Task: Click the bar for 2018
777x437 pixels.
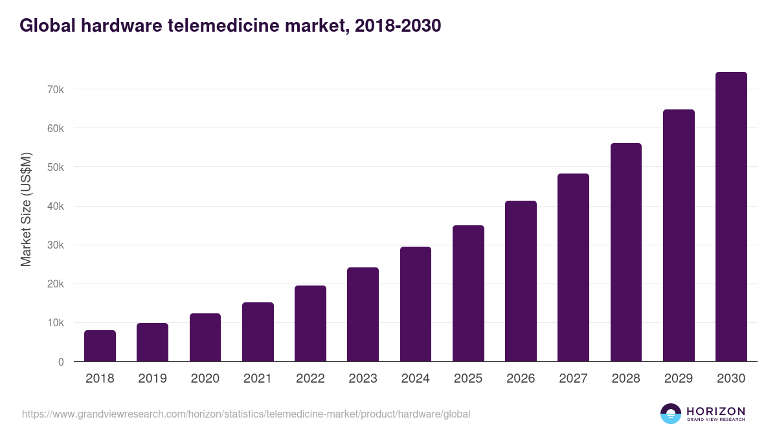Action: (x=100, y=346)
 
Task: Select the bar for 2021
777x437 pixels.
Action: (x=258, y=331)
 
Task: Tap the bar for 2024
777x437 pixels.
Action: (x=416, y=304)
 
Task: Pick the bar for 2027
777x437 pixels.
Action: (x=573, y=267)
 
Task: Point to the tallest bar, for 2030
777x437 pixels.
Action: (x=731, y=216)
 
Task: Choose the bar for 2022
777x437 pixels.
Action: (x=310, y=323)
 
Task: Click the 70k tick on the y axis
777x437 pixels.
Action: (x=55, y=89)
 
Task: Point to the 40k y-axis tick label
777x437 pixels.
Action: (x=55, y=207)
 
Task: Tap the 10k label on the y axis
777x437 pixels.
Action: (x=55, y=323)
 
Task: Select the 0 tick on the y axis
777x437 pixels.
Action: (x=61, y=363)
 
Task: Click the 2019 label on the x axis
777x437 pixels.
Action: (x=152, y=379)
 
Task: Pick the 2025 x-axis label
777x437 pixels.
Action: (x=468, y=379)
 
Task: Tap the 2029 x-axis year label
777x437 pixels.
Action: (x=679, y=379)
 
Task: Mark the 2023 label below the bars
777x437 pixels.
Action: (x=363, y=379)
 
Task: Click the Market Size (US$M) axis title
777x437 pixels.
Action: (x=27, y=209)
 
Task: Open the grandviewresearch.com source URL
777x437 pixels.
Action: (x=246, y=414)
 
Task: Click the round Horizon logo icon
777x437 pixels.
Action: (x=671, y=414)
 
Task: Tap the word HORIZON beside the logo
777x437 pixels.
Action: (x=715, y=410)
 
